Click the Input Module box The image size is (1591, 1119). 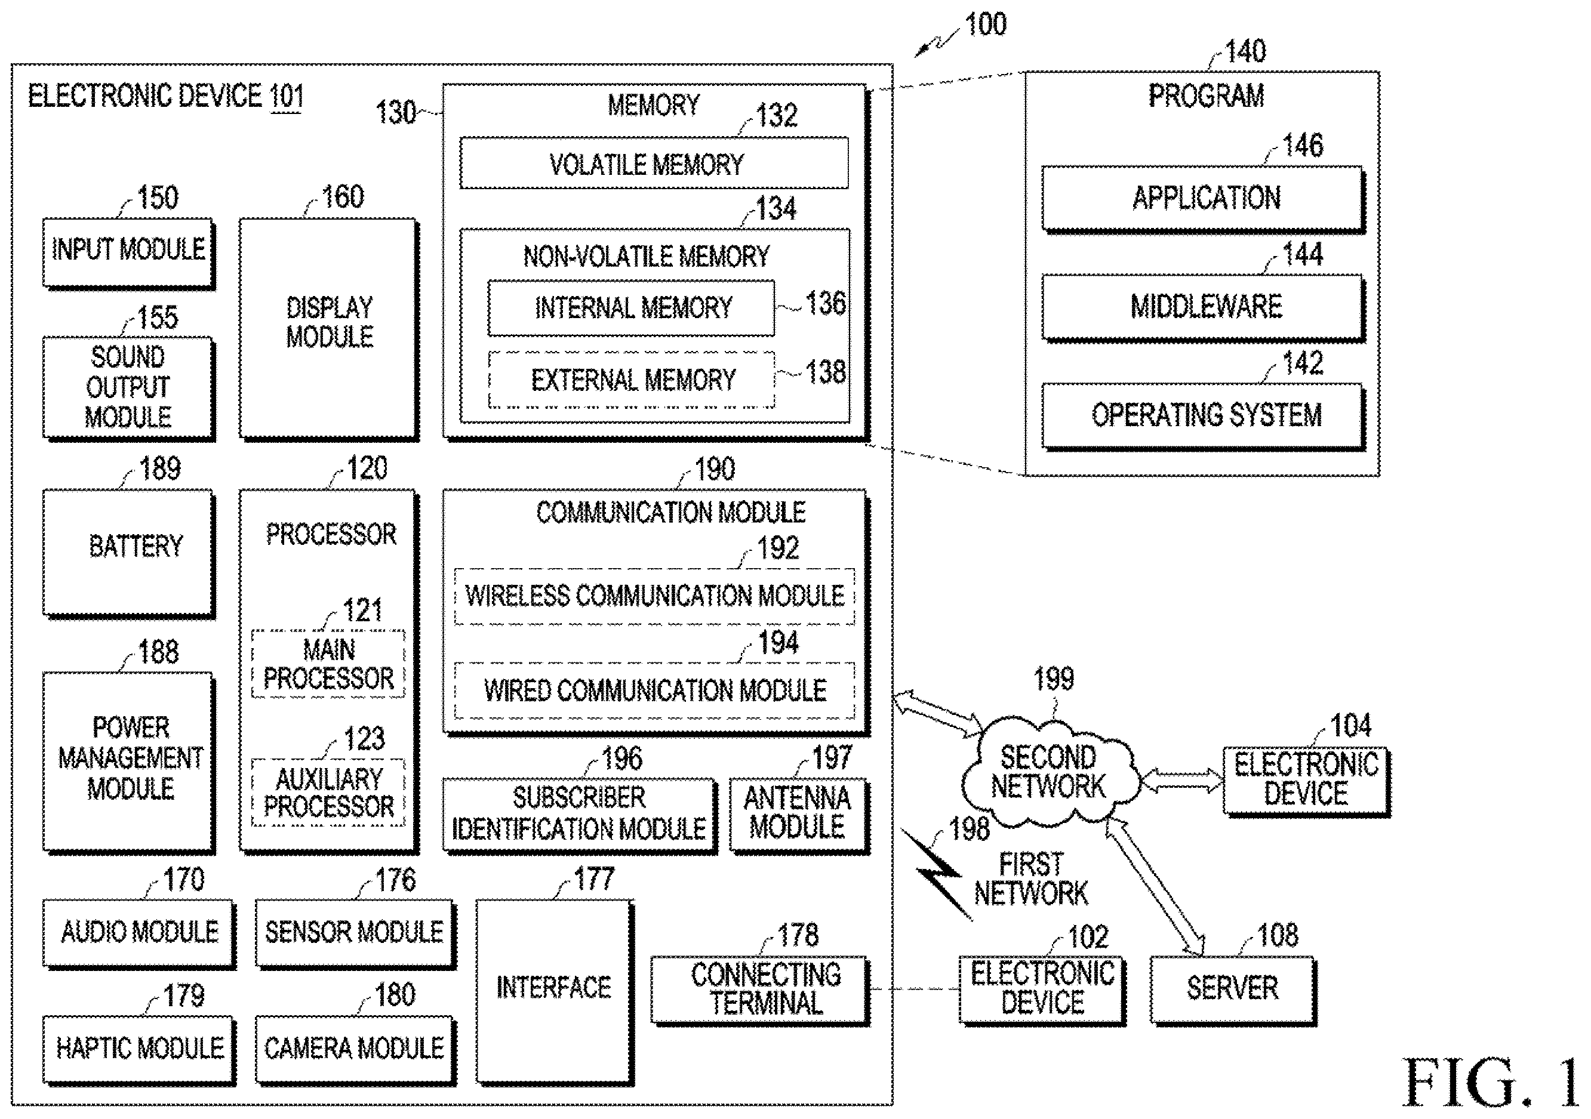[x=129, y=254]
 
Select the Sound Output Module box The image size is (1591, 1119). [x=129, y=388]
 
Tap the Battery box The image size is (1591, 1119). [x=129, y=553]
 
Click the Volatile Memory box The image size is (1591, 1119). [x=654, y=163]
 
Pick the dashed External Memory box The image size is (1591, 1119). [x=631, y=380]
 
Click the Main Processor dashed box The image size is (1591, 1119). [x=328, y=664]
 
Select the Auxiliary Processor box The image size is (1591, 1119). [x=328, y=793]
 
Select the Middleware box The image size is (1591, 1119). [x=1204, y=307]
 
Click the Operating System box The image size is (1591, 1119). [x=1204, y=417]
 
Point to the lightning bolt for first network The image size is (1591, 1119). [x=937, y=874]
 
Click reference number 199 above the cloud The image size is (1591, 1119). [x=1053, y=679]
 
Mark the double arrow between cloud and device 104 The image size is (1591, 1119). [x=1182, y=780]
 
